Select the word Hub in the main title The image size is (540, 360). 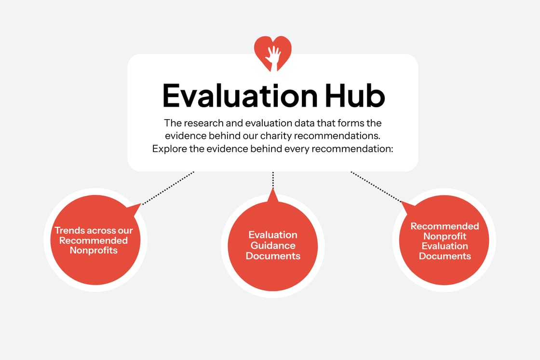click(x=354, y=96)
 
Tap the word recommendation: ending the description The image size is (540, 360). click(x=353, y=149)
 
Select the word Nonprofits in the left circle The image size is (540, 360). click(x=94, y=250)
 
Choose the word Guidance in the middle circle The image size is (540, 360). click(x=273, y=245)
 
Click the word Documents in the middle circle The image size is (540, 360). click(x=273, y=256)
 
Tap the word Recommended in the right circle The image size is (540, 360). click(x=445, y=226)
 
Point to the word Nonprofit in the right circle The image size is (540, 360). click(x=445, y=236)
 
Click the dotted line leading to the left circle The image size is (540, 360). click(x=169, y=187)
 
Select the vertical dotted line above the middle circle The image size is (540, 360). click(x=273, y=180)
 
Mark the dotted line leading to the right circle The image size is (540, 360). click(x=376, y=187)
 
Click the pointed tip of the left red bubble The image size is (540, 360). click(x=140, y=204)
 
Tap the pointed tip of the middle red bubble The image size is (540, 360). click(x=273, y=190)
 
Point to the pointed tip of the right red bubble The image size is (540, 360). click(x=403, y=203)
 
